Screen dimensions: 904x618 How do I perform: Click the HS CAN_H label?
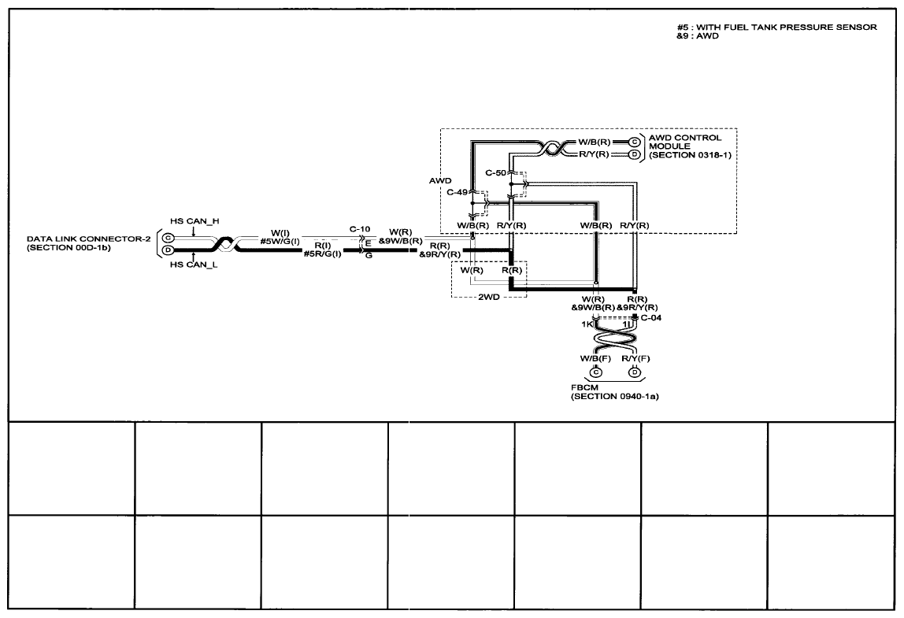click(x=195, y=221)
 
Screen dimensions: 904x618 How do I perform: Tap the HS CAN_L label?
click(x=194, y=265)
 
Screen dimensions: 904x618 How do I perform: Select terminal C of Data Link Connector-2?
click(x=168, y=238)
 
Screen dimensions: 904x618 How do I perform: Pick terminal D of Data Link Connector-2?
click(x=168, y=250)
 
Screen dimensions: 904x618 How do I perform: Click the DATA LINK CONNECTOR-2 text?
click(x=89, y=239)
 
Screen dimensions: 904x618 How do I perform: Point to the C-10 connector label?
click(x=360, y=229)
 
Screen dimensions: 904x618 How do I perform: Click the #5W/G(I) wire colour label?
click(x=280, y=242)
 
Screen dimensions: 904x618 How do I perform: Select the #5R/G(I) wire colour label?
click(x=322, y=253)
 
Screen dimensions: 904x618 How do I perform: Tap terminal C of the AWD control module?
click(x=635, y=142)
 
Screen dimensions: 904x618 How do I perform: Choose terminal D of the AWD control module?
click(x=635, y=154)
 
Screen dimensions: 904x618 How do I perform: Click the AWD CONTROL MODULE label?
click(x=685, y=142)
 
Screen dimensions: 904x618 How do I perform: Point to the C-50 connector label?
click(x=496, y=173)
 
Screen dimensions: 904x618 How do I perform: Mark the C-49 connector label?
click(x=458, y=193)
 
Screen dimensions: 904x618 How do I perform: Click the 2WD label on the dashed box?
click(x=489, y=298)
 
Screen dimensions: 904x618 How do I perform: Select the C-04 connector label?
click(x=651, y=317)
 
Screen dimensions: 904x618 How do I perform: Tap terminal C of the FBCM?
click(x=595, y=372)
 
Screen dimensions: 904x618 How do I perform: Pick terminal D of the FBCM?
click(x=635, y=372)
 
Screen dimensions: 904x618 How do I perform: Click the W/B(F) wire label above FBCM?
click(x=595, y=358)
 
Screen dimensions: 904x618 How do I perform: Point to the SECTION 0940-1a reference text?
click(x=614, y=397)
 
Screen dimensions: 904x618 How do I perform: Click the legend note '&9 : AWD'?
click(x=698, y=35)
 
